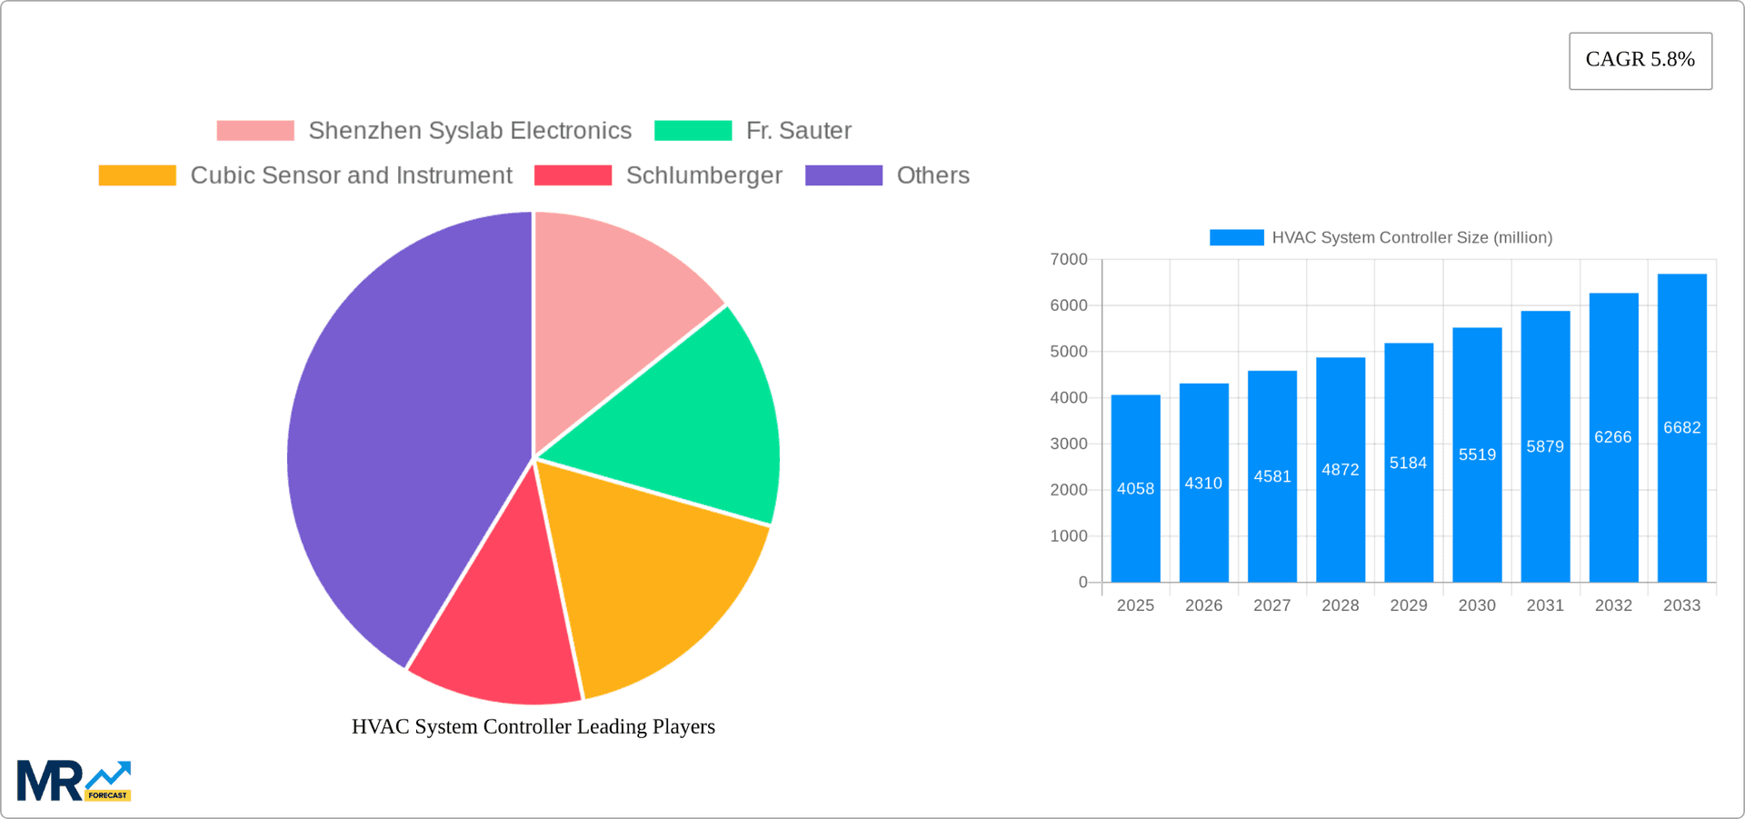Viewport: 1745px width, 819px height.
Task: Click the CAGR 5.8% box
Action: point(1640,60)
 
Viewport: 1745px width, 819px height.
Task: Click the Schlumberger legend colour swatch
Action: point(573,175)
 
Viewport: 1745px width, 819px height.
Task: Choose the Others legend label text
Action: point(932,175)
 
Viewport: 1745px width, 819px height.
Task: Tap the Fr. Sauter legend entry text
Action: point(798,131)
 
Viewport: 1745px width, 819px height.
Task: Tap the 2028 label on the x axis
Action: point(1340,605)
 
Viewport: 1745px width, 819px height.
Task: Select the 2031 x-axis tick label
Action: point(1545,605)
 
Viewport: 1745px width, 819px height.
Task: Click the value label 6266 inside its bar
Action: point(1612,437)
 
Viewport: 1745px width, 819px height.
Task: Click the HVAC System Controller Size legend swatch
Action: point(1236,237)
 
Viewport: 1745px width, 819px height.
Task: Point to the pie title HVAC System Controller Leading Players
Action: point(533,726)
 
